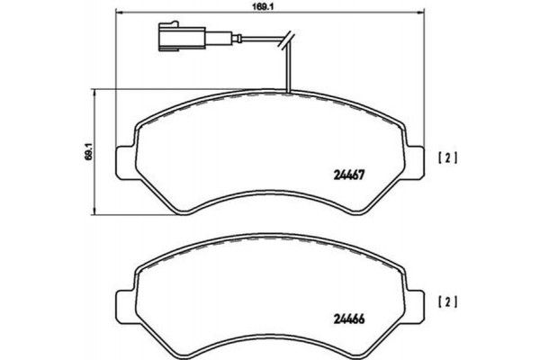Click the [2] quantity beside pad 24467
tap(447, 160)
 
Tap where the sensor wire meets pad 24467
tap(287, 93)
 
